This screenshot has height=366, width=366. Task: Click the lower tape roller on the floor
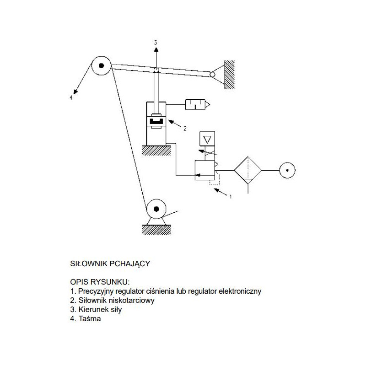point(156,210)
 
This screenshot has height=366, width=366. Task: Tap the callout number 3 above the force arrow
point(156,43)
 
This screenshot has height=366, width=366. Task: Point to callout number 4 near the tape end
point(70,97)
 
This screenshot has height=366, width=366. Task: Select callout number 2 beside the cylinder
point(185,129)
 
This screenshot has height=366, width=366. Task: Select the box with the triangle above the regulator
point(207,138)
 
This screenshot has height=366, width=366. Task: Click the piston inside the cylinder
point(156,121)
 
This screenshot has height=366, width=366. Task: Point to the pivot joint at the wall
point(212,74)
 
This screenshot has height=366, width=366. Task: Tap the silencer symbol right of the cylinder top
point(195,105)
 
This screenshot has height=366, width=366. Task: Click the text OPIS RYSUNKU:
point(100,281)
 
